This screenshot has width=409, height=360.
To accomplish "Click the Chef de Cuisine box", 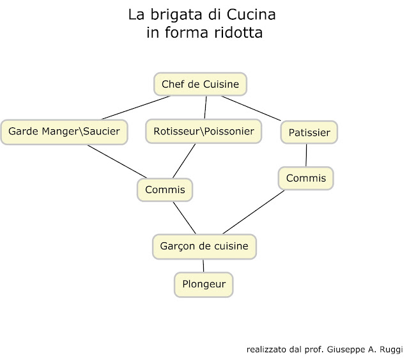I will pos(200,84).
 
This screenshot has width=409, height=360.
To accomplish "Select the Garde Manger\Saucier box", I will pos(64,132).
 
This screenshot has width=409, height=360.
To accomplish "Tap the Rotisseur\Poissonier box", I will pos(204,132).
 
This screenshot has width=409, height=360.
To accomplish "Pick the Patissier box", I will pos(309,133).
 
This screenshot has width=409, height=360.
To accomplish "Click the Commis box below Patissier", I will pos(305,178).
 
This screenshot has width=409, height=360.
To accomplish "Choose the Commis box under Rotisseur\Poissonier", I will pos(165,190).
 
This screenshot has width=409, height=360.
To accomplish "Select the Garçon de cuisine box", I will pos(204,246).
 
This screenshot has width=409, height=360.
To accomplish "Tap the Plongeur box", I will pos(203,284).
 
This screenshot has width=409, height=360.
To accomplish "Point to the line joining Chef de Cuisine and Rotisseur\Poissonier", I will pos(205,107).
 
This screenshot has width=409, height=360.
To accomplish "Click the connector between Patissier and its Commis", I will pos(307,155).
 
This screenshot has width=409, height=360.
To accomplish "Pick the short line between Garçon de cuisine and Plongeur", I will pos(204,265).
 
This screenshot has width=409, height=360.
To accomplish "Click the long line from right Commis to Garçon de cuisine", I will pos(253,212).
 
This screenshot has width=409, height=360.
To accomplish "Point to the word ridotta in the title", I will pos(232,33).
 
